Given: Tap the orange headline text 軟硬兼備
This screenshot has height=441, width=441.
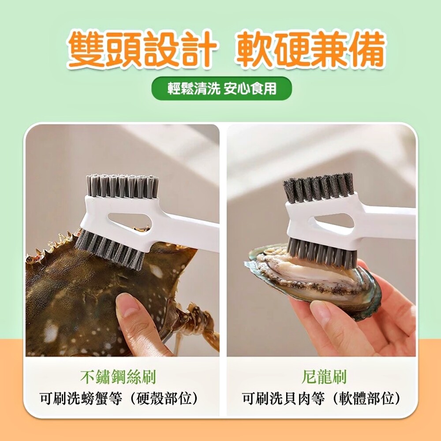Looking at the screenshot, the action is [x=310, y=49].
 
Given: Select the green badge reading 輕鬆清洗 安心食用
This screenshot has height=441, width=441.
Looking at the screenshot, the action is [x=222, y=89].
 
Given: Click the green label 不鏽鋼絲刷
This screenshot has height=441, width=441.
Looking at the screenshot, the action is [x=118, y=377].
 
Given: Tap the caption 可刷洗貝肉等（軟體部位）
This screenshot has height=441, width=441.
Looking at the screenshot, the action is [x=321, y=399].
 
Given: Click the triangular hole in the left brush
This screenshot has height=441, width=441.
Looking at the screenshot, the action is [x=130, y=221].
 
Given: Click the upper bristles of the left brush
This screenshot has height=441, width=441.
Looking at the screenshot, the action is [x=122, y=186].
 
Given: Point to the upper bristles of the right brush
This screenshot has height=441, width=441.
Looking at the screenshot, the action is [x=318, y=187].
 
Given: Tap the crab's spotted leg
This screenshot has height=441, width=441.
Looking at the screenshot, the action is [x=197, y=323].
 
